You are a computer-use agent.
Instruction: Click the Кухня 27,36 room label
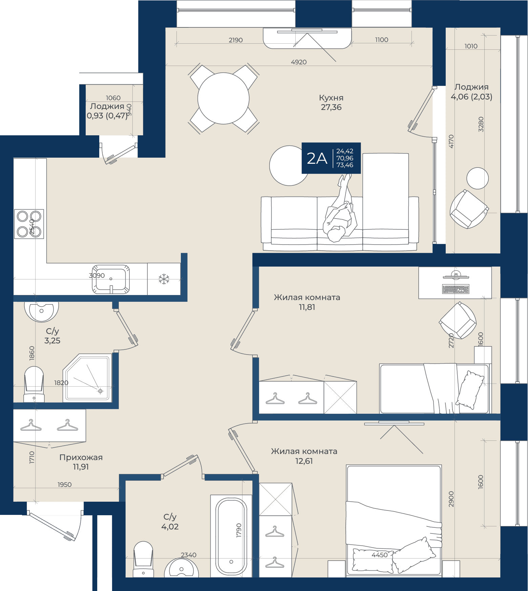point(331,103)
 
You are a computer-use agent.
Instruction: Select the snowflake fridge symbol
point(164,279)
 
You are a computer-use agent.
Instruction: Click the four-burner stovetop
point(29,224)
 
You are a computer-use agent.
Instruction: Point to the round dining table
point(224,98)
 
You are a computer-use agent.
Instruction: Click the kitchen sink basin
point(111,279)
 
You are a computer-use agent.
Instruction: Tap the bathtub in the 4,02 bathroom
point(231,536)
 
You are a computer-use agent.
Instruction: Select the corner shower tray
point(87,378)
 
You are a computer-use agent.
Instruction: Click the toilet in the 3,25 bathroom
point(34,384)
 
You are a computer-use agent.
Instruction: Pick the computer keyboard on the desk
point(456,289)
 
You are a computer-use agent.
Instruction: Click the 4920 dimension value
point(299,62)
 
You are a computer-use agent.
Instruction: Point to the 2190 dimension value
point(236,40)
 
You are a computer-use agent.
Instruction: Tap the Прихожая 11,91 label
point(81,462)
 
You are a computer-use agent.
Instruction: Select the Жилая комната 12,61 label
point(304,456)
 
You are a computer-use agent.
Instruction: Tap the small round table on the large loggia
point(478,178)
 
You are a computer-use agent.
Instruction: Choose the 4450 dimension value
point(380,555)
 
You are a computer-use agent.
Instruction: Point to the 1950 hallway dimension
point(65,485)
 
